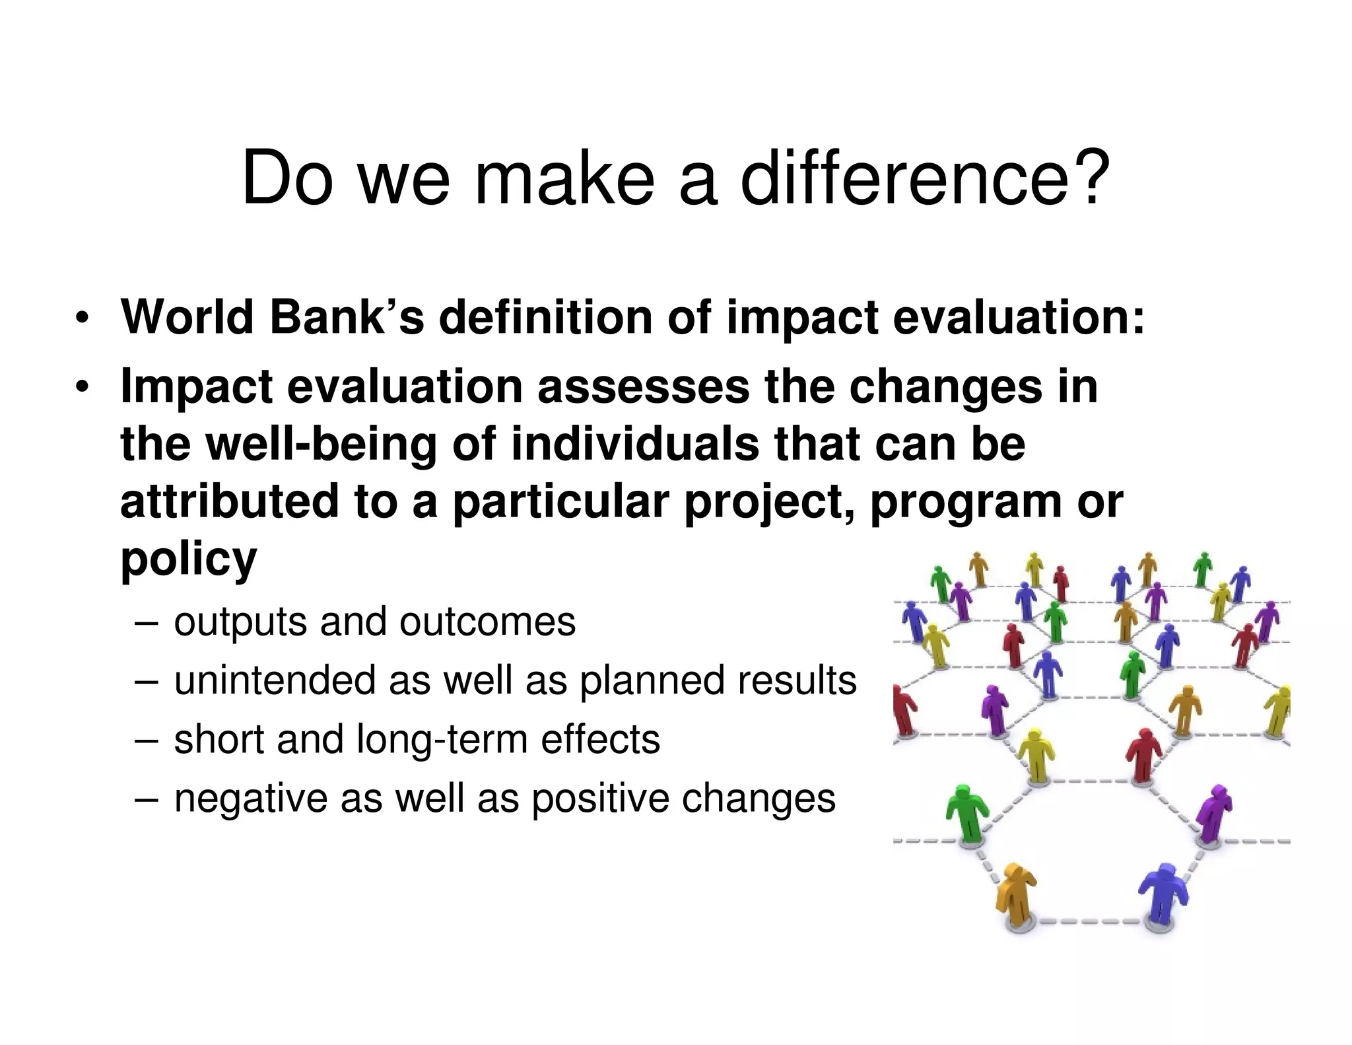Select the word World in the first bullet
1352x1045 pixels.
[187, 317]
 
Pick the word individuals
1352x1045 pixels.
[635, 444]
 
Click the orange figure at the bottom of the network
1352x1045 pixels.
[1016, 895]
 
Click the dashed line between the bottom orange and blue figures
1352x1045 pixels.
[1089, 921]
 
